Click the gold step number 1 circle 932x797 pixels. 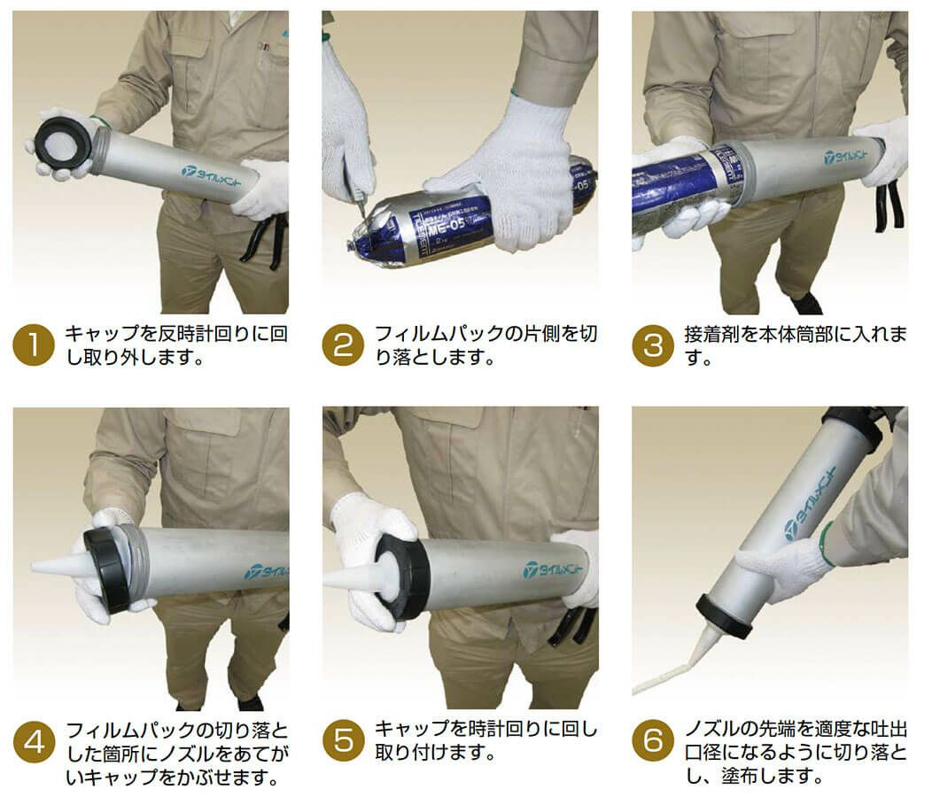(34, 345)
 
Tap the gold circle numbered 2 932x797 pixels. (343, 345)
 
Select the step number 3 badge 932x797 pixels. (653, 345)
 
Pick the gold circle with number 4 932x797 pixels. (34, 742)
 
